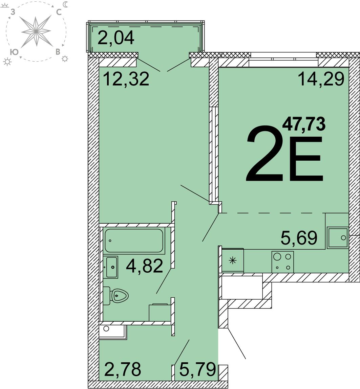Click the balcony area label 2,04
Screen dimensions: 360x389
(x=116, y=38)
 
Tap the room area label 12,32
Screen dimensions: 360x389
(x=126, y=78)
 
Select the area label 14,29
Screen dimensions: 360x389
(x=321, y=78)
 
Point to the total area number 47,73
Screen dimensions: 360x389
(x=303, y=124)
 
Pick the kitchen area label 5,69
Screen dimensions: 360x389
(x=299, y=238)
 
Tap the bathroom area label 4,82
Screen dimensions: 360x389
(x=144, y=266)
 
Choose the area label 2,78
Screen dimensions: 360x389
(x=123, y=369)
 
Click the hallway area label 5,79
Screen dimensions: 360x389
(x=197, y=369)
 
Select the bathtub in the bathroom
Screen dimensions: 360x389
(x=134, y=241)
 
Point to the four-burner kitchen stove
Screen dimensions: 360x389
(x=283, y=262)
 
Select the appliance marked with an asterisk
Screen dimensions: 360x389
(x=233, y=260)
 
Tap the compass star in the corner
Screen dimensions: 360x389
(x=36, y=31)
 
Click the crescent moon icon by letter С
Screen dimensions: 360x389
(x=65, y=4)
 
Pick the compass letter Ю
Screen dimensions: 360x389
(x=15, y=52)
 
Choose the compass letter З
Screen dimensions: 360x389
(x=13, y=12)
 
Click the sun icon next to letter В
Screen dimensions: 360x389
(x=65, y=59)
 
